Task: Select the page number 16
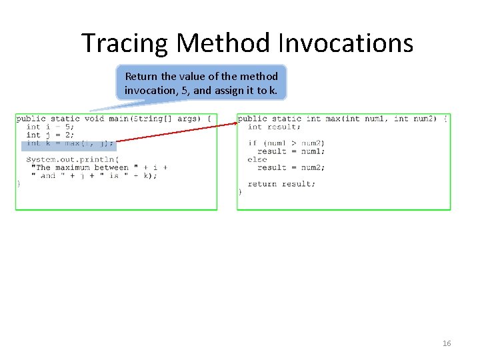447,343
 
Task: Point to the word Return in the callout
141,76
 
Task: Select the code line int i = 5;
50,127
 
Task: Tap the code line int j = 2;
50,135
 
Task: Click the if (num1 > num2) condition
286,143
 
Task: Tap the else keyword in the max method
257,159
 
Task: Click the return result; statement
281,184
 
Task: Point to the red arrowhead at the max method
236,123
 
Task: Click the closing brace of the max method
240,192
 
